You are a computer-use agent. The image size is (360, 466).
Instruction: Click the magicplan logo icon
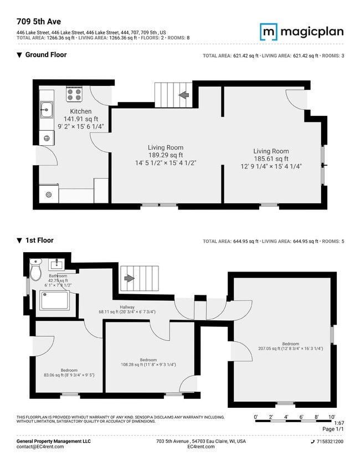(268, 31)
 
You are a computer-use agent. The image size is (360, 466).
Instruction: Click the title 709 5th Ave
(39, 22)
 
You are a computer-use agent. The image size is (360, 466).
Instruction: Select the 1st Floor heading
(39, 240)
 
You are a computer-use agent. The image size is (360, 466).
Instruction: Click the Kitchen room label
(80, 111)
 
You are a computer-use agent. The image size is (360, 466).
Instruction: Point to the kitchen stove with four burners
(74, 94)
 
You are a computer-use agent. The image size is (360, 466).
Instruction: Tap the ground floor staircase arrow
(183, 95)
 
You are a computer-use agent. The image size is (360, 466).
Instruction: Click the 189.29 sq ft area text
(165, 155)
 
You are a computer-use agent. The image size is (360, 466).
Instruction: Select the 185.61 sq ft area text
(271, 158)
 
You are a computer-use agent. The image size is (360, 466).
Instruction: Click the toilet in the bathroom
(35, 270)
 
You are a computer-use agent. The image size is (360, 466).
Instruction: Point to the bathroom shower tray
(53, 300)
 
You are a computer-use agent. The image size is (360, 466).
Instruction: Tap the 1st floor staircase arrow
(128, 279)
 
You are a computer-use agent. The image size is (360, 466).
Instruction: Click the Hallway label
(127, 306)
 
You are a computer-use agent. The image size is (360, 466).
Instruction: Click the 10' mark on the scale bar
(332, 416)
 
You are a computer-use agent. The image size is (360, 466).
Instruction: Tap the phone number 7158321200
(329, 442)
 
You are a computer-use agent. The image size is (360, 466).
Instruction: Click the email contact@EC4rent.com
(40, 447)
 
